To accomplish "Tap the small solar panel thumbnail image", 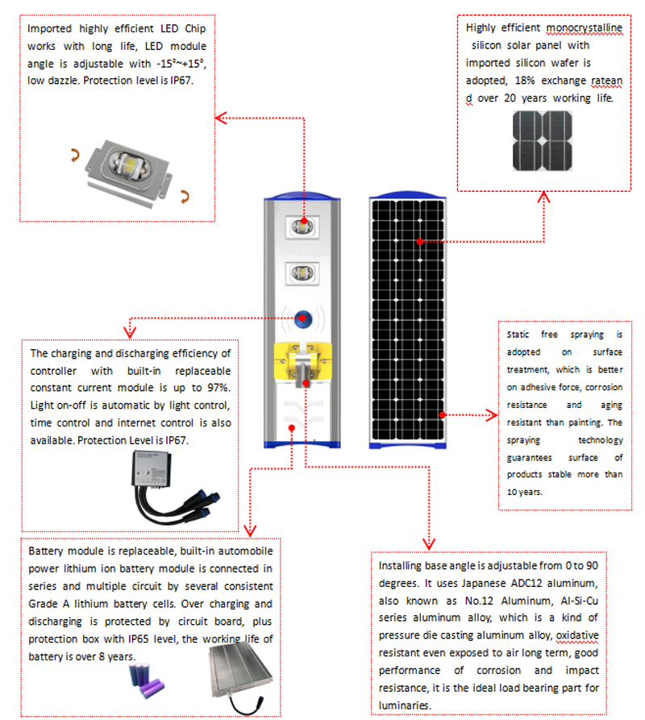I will (542, 140).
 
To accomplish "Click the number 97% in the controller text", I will (218, 389).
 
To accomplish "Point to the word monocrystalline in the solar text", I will (584, 28).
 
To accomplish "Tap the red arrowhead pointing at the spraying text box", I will (493, 415).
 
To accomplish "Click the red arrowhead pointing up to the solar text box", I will (544, 197).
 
